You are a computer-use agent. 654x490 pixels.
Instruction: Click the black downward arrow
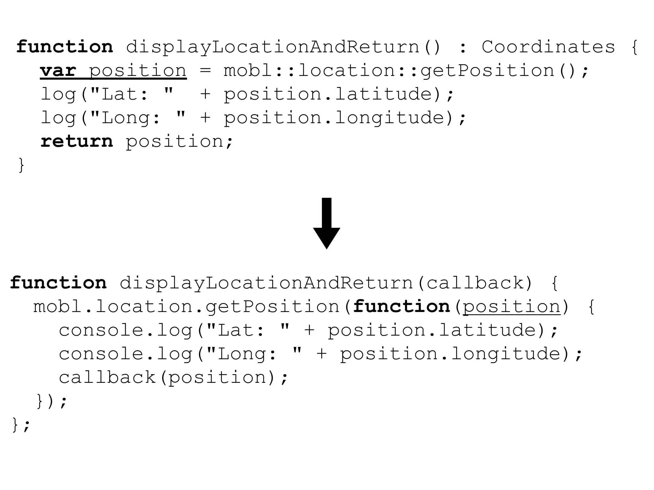326,223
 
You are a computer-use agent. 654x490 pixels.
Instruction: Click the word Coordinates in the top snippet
548,47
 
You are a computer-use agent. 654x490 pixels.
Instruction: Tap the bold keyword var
58,71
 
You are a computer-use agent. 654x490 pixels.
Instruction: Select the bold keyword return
77,141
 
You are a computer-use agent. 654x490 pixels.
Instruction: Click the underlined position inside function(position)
512,307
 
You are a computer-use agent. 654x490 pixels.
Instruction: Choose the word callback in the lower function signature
475,283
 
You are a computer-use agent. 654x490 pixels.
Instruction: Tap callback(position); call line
173,377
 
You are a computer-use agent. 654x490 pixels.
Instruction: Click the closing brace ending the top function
21,165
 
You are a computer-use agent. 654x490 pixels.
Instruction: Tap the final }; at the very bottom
21,425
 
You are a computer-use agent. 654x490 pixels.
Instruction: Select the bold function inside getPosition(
401,307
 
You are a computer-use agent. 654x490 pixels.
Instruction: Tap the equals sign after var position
205,71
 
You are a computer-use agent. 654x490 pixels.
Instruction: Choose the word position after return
174,141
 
